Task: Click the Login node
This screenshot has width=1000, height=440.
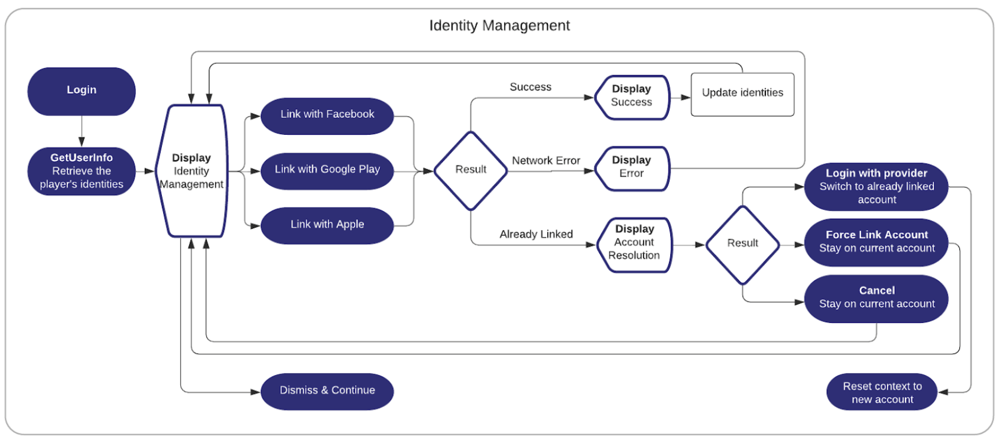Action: [82, 91]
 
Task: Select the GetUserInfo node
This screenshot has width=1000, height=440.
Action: [82, 171]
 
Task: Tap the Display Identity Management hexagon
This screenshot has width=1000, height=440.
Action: [191, 171]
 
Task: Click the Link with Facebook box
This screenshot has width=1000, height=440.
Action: [327, 115]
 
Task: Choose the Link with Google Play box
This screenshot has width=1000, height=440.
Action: [327, 170]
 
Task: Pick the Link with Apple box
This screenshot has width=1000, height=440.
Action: [327, 225]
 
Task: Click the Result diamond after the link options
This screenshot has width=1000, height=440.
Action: [470, 170]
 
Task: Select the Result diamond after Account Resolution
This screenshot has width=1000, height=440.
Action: [742, 244]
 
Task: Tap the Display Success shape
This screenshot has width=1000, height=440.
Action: [631, 97]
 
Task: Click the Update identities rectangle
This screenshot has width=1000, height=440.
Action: [742, 94]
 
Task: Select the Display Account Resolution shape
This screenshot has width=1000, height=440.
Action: [634, 244]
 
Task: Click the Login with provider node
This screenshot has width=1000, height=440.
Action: [876, 186]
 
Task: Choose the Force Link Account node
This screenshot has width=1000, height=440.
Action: [876, 242]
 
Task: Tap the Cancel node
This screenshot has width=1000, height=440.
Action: [876, 298]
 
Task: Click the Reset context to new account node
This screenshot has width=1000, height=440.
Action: [882, 392]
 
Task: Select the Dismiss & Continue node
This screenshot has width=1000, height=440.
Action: [327, 391]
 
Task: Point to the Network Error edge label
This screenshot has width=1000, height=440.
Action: [546, 161]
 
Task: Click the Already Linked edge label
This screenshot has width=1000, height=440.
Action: [535, 234]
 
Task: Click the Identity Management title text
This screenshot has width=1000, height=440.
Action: [499, 25]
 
